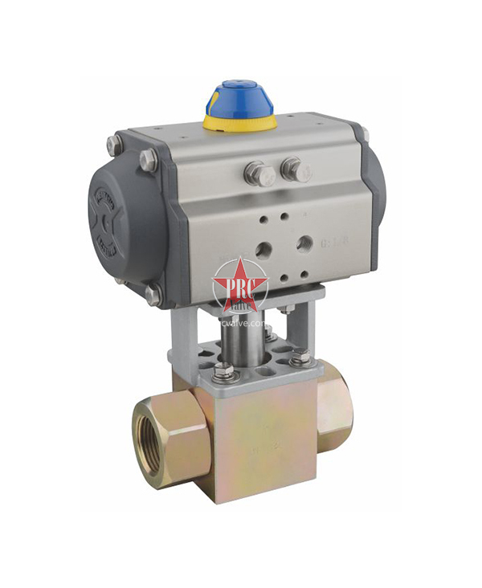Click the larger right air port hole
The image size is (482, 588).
tap(304, 242)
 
